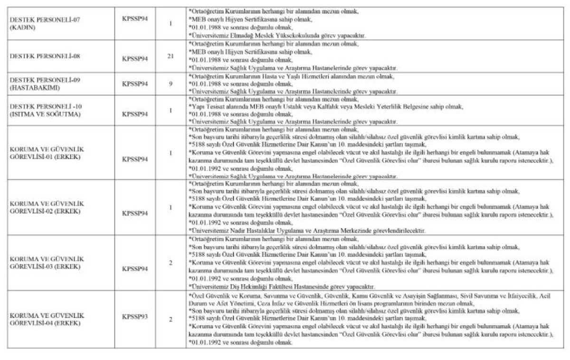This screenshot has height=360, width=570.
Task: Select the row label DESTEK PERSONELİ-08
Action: pyautogui.click(x=45, y=56)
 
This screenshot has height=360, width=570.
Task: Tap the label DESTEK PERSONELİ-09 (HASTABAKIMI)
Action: pyautogui.click(x=46, y=83)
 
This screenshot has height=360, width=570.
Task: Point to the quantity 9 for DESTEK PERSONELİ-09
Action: pyautogui.click(x=171, y=84)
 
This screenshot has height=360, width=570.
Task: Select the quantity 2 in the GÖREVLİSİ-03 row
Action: pyautogui.click(x=171, y=263)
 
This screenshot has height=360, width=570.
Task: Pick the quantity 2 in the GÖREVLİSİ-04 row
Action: pyautogui.click(x=171, y=319)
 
